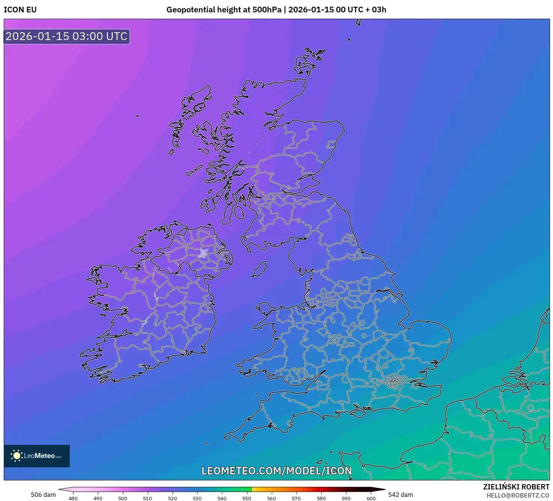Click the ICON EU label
point(20,10)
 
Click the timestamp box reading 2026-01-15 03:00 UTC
point(66,36)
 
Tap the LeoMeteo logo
point(37,456)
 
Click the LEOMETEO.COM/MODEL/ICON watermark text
point(276,471)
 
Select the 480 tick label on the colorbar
point(73,498)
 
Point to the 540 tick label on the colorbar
point(222,498)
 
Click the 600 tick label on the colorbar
point(371,498)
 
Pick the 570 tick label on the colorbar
point(296,498)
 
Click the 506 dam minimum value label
point(43,495)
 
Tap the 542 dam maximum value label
point(400,495)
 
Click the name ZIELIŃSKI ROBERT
point(516,487)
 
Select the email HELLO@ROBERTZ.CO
point(518,495)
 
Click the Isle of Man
point(259,269)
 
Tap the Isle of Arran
point(238,212)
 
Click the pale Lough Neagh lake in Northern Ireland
point(204,253)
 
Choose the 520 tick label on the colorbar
point(172,498)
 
